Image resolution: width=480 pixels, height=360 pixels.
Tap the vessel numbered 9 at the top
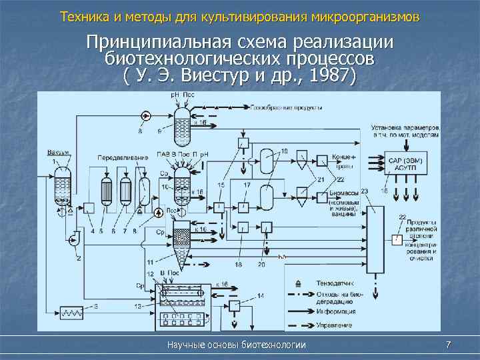coord(182,127)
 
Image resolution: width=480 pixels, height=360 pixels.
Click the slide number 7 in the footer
coord(448,345)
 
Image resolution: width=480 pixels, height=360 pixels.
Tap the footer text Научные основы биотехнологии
coord(237,345)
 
